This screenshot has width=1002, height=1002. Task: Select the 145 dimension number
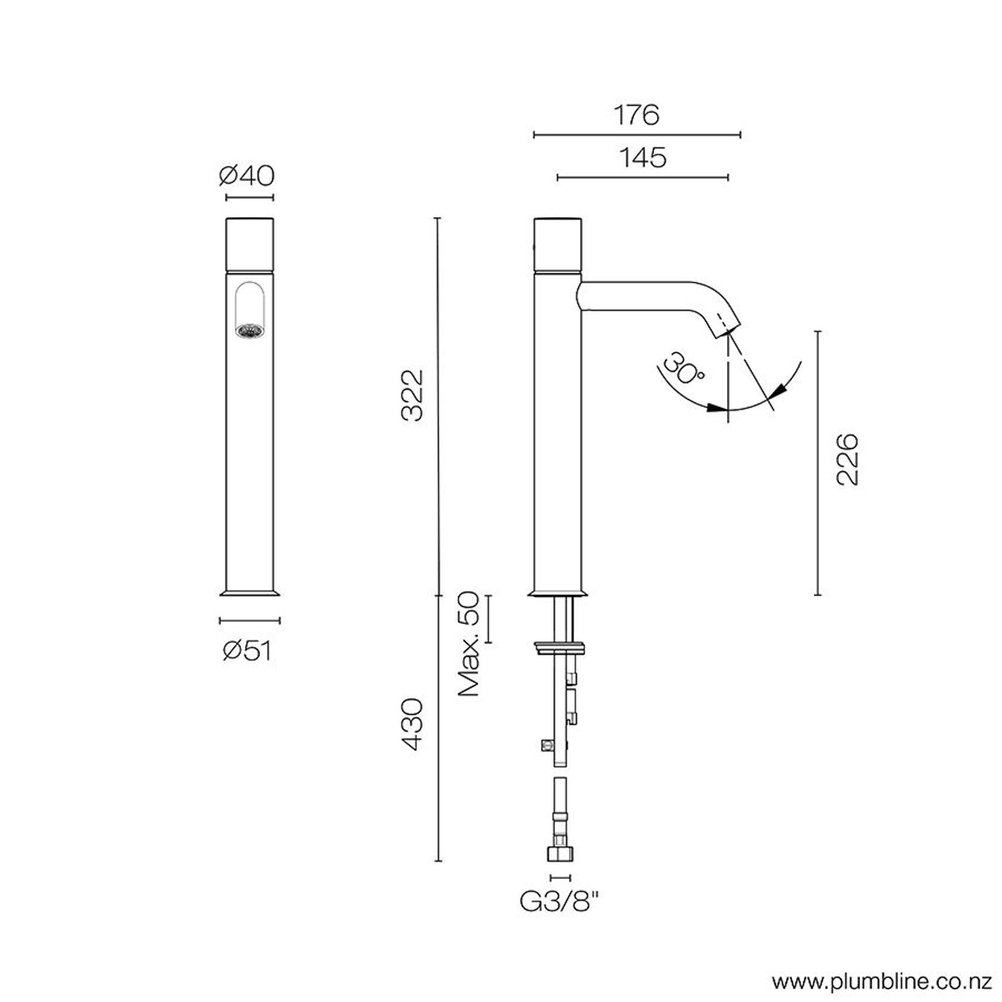click(643, 158)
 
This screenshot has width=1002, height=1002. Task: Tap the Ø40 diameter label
click(247, 176)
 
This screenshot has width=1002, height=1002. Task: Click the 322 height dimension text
click(413, 396)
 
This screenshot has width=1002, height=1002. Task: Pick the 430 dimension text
click(413, 724)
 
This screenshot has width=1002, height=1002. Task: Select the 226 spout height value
click(847, 460)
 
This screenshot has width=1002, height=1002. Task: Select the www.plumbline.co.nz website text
click(883, 982)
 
